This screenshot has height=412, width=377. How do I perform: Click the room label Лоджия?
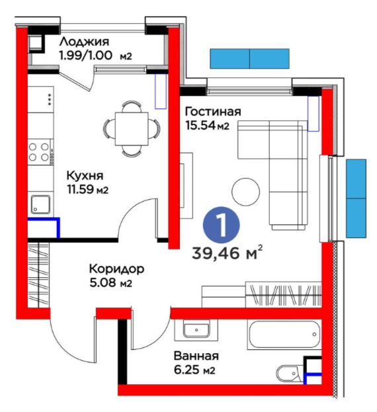(x=84, y=42)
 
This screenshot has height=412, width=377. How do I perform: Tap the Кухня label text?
(x=85, y=175)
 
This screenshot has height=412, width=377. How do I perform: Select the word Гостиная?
(x=213, y=111)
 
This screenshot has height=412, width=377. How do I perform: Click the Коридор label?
(x=116, y=269)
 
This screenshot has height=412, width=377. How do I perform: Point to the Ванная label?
(x=196, y=356)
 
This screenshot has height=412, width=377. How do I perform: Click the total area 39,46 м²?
(x=228, y=253)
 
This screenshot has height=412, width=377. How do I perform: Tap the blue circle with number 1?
(x=221, y=226)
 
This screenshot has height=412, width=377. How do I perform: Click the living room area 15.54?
(x=200, y=125)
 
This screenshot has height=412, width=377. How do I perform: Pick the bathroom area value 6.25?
(x=187, y=370)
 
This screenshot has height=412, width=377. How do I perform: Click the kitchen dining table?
(x=132, y=129)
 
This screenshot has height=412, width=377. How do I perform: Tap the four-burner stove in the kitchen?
(x=39, y=152)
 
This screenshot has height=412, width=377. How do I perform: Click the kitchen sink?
(x=40, y=204)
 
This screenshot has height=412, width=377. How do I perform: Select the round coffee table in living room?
(x=245, y=192)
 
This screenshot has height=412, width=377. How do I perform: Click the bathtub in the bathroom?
(x=284, y=334)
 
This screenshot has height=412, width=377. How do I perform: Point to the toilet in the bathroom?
(x=289, y=372)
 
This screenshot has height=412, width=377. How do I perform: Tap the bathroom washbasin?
(x=196, y=330)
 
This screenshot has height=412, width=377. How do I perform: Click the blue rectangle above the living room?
(x=249, y=59)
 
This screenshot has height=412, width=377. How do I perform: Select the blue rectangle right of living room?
(x=356, y=198)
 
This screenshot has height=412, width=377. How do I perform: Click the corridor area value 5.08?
(x=102, y=283)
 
